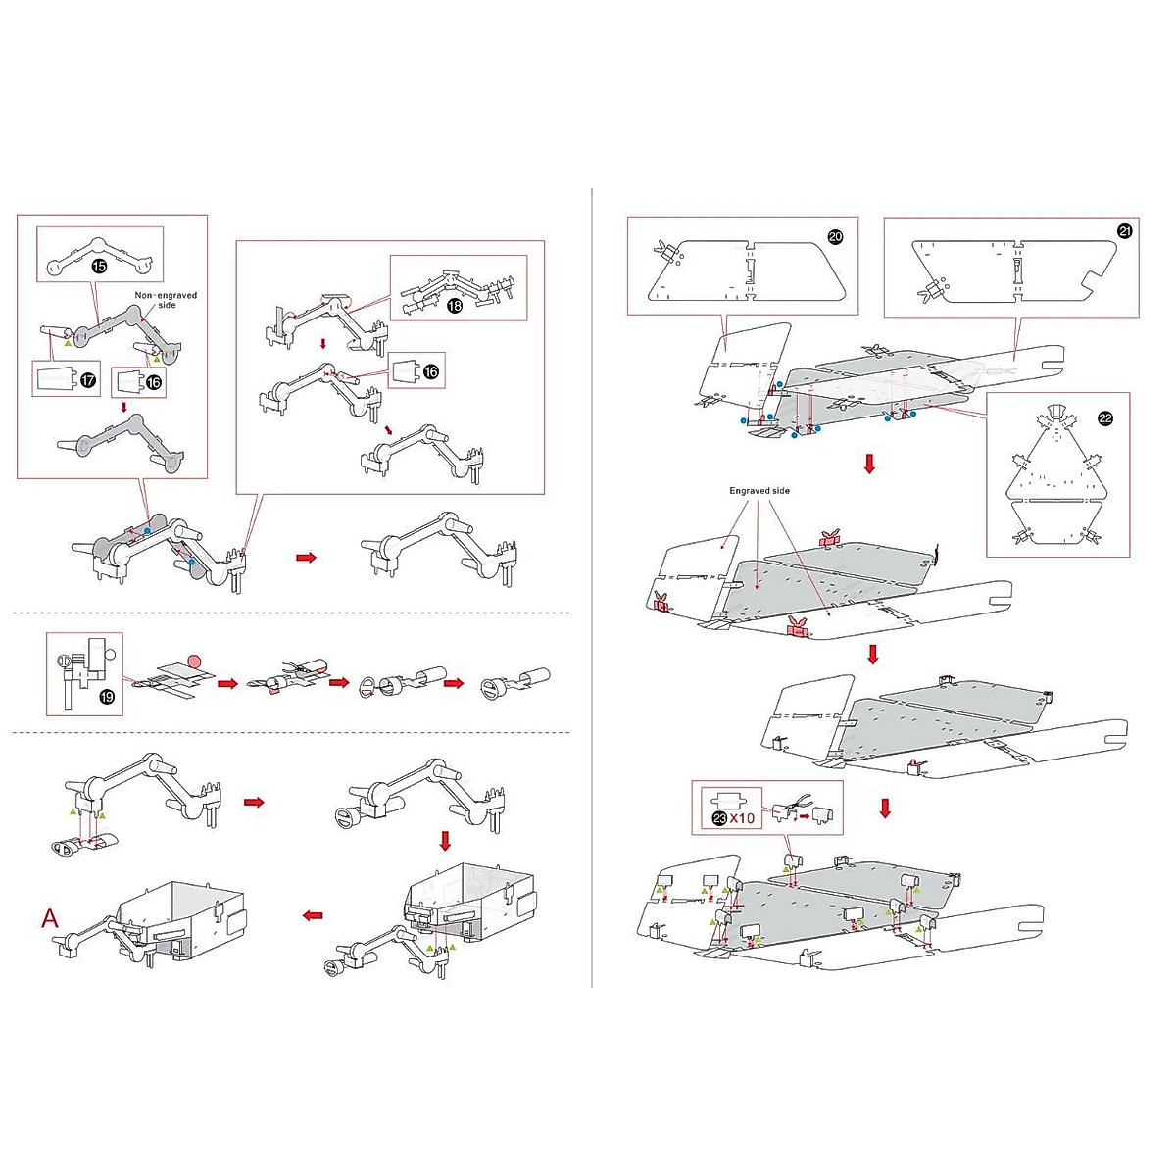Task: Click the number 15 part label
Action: (99, 266)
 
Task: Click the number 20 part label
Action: (835, 237)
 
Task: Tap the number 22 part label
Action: (1105, 418)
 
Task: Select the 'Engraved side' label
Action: (759, 491)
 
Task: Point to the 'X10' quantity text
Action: (743, 818)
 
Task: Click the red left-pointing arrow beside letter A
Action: (313, 915)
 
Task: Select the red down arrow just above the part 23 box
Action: (884, 808)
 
